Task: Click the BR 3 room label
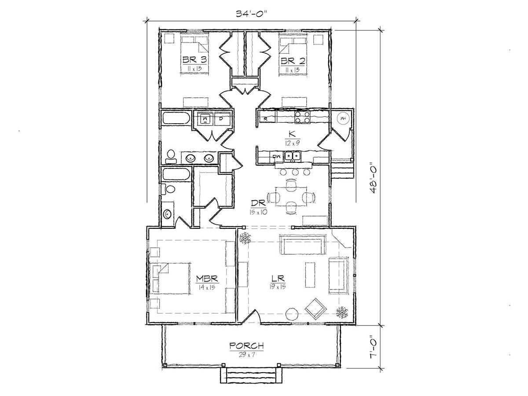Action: (194, 60)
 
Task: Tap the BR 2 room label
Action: (293, 60)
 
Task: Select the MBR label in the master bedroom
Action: (207, 279)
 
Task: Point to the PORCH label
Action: (246, 346)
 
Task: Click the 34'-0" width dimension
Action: (252, 14)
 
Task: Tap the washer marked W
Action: (205, 118)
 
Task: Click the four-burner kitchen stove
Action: (302, 117)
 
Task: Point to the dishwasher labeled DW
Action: (277, 157)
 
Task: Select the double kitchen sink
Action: (293, 157)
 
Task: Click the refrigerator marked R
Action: (267, 118)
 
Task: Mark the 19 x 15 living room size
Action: (278, 286)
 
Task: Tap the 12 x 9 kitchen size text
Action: (292, 143)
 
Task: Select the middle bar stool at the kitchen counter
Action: (295, 172)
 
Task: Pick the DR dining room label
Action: (258, 203)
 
